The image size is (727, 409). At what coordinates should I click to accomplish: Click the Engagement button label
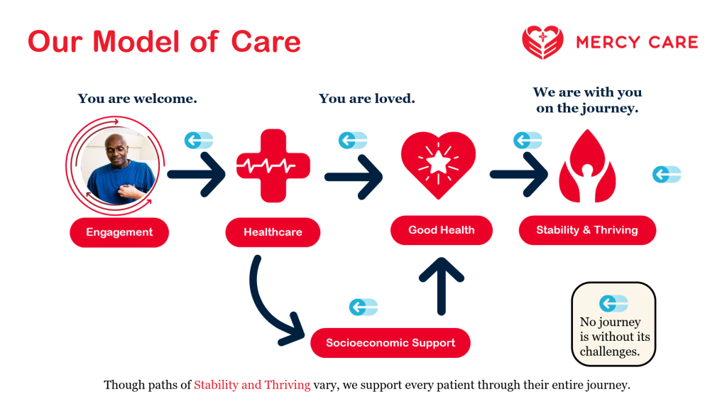(119, 232)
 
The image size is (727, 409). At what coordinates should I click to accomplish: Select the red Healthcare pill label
(273, 232)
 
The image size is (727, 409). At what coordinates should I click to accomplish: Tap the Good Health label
(441, 230)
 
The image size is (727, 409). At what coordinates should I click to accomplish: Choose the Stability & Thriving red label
(587, 230)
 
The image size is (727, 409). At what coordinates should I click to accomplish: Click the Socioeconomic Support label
(390, 343)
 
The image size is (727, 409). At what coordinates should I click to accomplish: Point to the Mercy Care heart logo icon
(542, 42)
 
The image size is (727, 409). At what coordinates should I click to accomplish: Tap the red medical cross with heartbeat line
(273, 166)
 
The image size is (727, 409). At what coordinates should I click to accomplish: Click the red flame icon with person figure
(586, 167)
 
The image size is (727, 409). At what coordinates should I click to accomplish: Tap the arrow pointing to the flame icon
(519, 174)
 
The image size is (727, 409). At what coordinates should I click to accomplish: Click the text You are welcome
(137, 99)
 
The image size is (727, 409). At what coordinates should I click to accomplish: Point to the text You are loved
(366, 99)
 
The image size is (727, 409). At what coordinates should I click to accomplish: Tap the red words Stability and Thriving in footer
(252, 386)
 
